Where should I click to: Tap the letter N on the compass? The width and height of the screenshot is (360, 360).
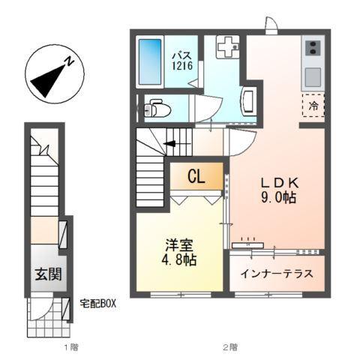pos(67,64)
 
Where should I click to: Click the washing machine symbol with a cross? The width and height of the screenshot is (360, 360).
pos(226,47)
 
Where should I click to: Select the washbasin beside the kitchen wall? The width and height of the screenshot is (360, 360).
pos(250,100)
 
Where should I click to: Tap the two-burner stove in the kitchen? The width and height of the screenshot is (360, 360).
pos(312,49)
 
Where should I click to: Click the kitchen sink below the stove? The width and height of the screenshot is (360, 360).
pos(312,76)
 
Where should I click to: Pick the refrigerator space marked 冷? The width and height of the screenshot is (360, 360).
pos(313,106)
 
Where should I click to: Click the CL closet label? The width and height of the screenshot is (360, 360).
pos(196,177)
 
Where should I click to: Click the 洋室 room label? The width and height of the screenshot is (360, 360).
pos(178,246)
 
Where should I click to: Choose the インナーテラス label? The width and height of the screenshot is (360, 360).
pos(277,272)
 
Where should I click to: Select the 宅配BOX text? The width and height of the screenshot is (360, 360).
pos(97,304)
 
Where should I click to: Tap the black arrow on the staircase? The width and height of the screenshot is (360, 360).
pos(172,143)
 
